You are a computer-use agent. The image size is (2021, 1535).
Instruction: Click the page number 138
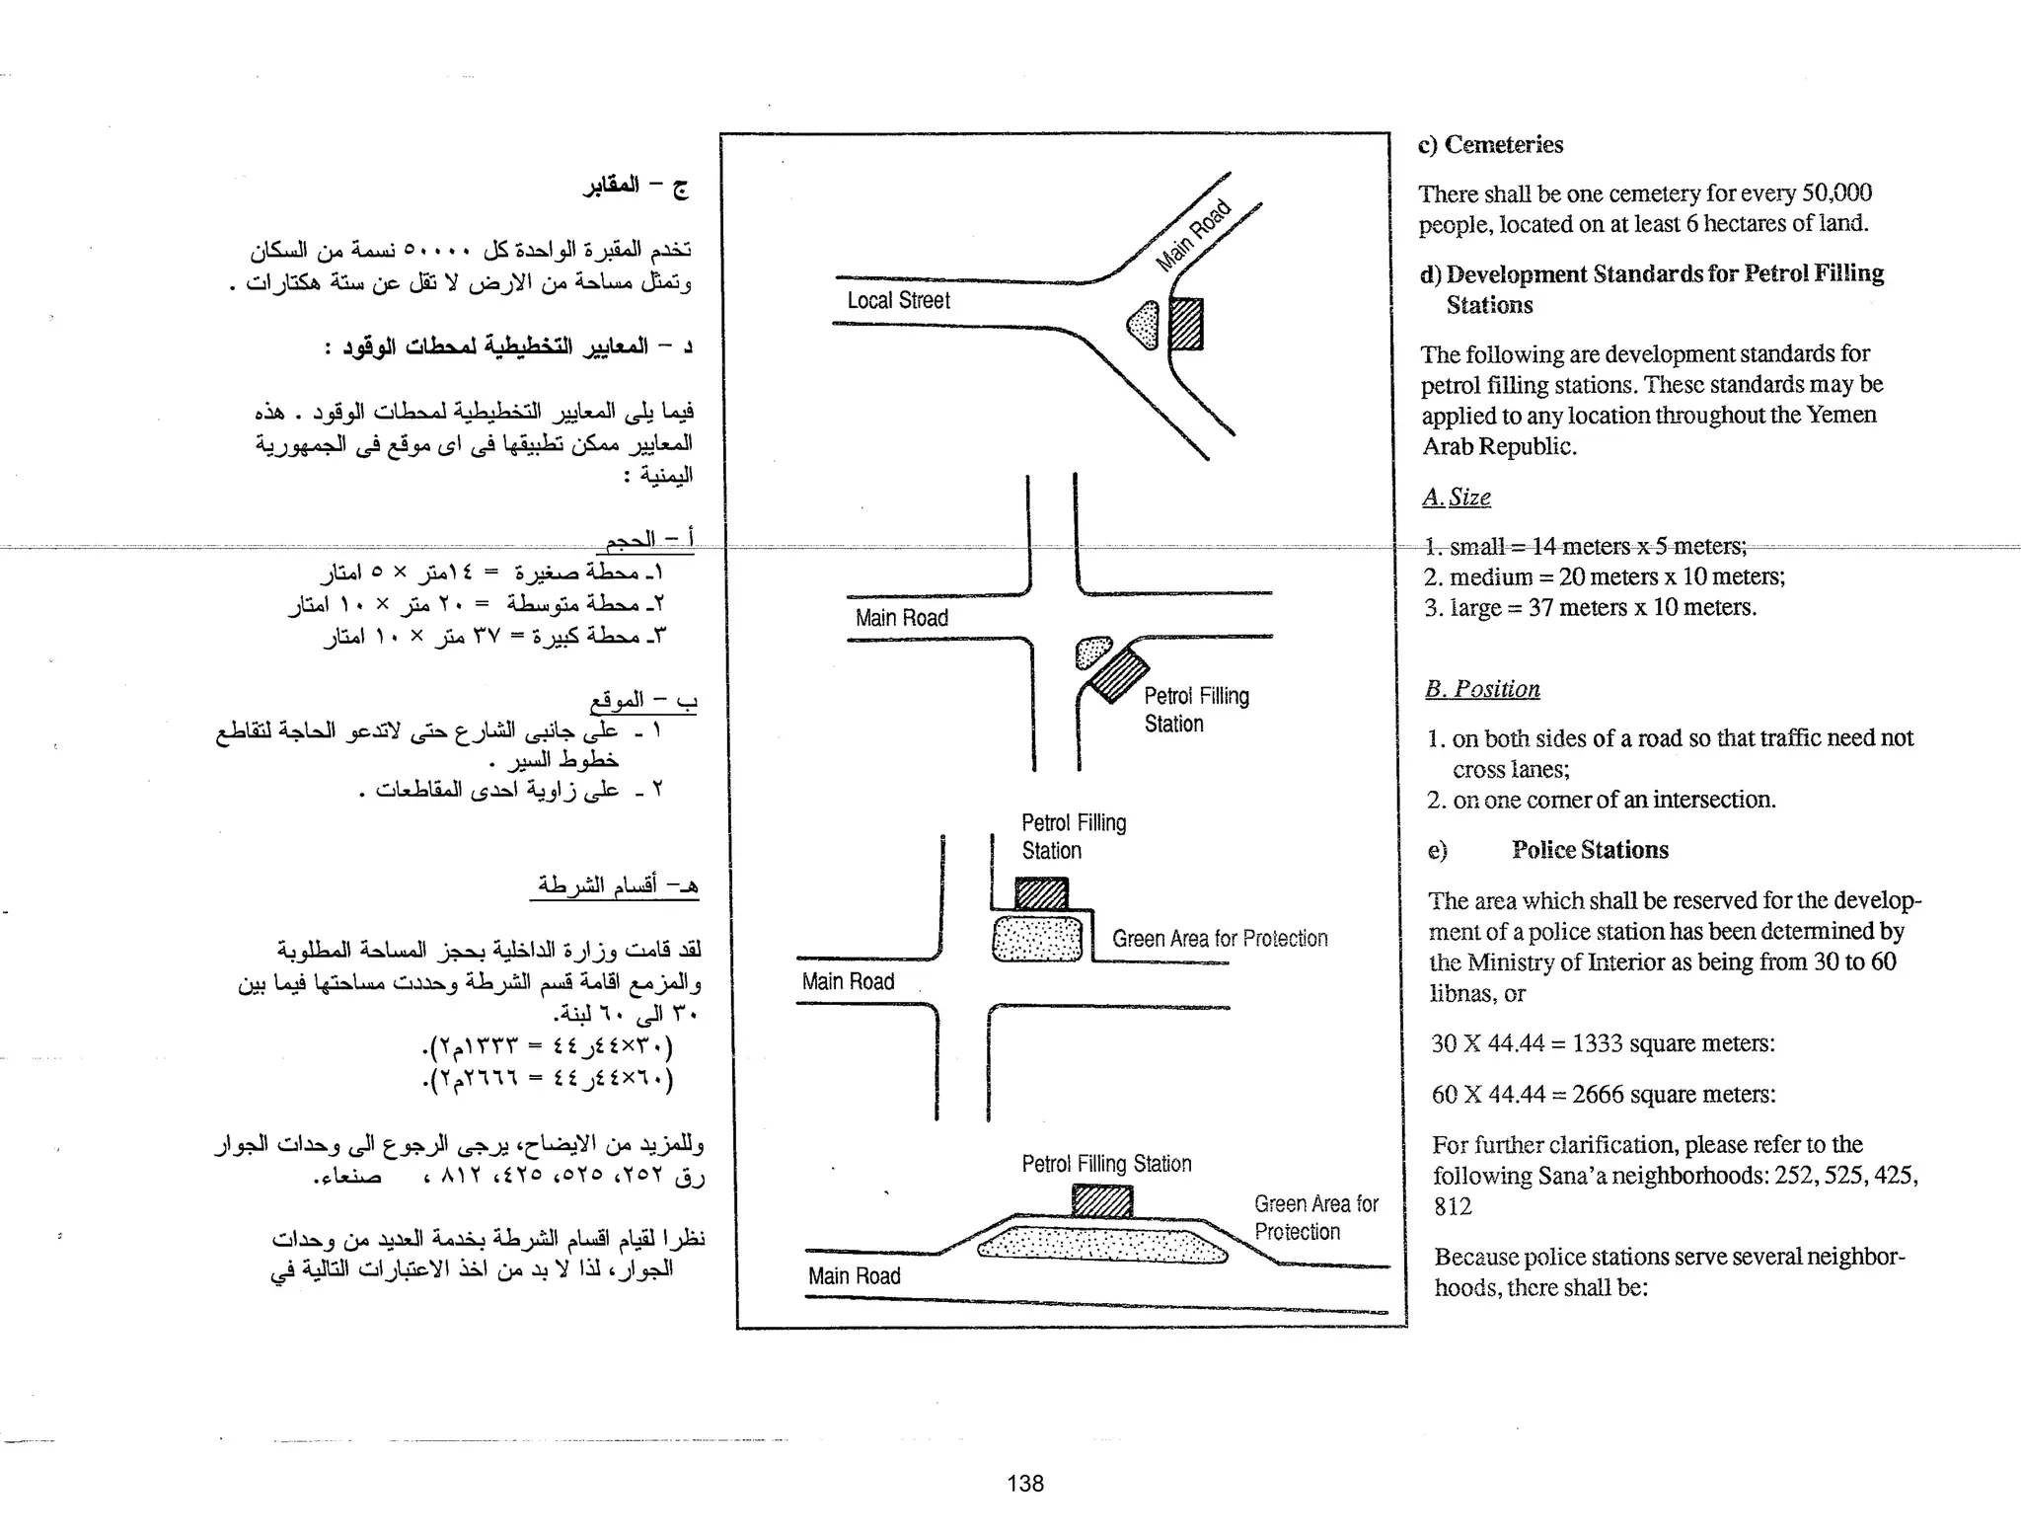1025,1483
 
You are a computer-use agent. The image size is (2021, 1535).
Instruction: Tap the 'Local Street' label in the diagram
898,301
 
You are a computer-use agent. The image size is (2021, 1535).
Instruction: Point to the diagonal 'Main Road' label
1193,235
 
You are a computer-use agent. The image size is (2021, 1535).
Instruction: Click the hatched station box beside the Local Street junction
1186,325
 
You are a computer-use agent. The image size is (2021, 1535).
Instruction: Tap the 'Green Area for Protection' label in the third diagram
1220,939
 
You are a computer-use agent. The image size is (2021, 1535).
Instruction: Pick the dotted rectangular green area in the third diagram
1037,939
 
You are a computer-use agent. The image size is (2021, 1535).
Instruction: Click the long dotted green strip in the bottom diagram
1102,1245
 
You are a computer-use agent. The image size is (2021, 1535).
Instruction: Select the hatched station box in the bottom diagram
1102,1200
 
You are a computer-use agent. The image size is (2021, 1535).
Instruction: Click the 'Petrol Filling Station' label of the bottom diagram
1106,1164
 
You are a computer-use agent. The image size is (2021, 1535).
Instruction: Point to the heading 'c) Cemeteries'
1490,145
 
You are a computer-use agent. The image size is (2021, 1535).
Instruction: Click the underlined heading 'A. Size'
1457,498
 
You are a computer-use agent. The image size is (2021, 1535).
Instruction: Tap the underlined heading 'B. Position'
1482,689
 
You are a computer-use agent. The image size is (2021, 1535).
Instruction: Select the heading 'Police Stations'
1590,850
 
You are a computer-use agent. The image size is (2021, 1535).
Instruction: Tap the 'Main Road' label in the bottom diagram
855,1276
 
